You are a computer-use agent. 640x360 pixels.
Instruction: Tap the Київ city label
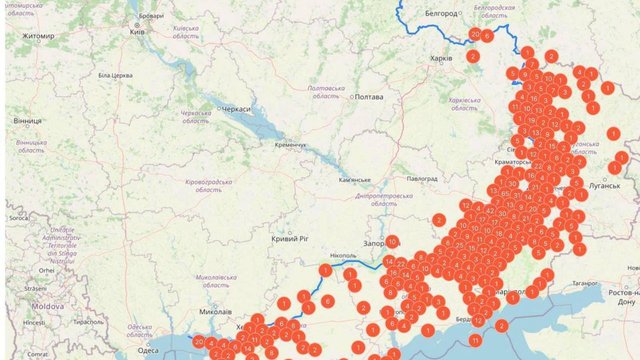(x=137, y=32)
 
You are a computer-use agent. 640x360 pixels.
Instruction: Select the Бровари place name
(x=151, y=17)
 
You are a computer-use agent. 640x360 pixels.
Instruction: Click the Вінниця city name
(x=28, y=120)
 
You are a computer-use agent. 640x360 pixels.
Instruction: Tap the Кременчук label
(x=290, y=145)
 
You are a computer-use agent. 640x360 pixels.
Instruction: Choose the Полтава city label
(x=369, y=97)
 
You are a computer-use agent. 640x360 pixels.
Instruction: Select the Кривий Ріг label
(x=290, y=240)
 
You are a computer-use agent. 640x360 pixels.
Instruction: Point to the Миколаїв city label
(x=216, y=310)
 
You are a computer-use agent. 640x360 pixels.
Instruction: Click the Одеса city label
(x=147, y=350)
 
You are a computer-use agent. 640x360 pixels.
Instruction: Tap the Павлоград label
(x=422, y=178)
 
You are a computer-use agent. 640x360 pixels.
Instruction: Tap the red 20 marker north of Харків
(x=474, y=34)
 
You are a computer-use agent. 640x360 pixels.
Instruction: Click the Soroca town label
(x=17, y=217)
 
